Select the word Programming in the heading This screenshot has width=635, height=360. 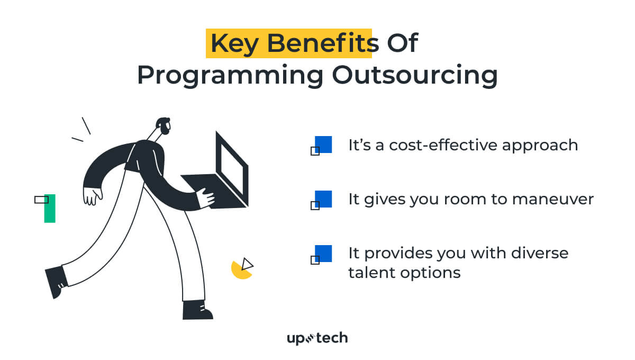(230, 75)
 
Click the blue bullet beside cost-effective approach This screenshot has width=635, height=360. (323, 145)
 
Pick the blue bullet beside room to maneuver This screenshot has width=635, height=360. (323, 199)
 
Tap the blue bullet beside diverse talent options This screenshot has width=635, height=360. (323, 254)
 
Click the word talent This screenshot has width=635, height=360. (373, 273)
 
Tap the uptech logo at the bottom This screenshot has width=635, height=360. (317, 338)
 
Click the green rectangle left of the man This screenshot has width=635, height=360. (49, 209)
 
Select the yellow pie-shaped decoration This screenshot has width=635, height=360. (240, 270)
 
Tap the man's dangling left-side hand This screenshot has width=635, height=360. (93, 196)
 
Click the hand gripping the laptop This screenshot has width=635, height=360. (205, 198)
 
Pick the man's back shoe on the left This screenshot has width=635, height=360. (56, 281)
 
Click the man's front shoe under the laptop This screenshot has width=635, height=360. (196, 310)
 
